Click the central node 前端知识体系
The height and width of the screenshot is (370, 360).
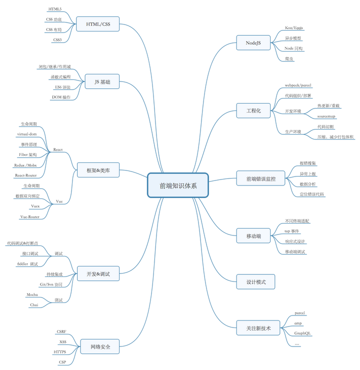click(x=178, y=185)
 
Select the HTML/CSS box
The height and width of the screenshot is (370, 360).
click(x=98, y=23)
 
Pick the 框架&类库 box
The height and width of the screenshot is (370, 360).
click(x=98, y=170)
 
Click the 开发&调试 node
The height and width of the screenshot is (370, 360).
click(x=98, y=273)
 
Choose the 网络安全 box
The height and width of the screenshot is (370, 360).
click(x=100, y=346)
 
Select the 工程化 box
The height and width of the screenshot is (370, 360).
click(x=253, y=110)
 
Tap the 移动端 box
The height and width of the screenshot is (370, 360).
click(x=253, y=235)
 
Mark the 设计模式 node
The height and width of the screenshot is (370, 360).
click(x=256, y=282)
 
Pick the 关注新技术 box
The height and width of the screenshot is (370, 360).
click(x=258, y=328)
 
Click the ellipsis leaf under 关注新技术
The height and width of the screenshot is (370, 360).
click(x=297, y=344)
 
